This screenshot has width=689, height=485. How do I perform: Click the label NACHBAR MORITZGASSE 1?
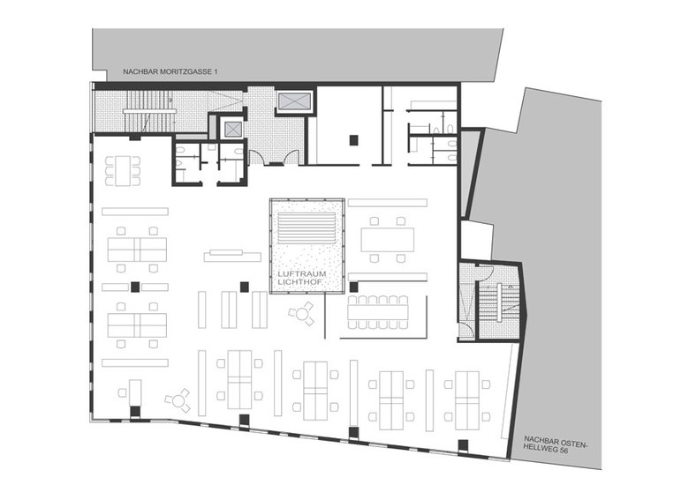pos(170,71)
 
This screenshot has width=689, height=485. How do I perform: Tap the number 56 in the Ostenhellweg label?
pos(558,450)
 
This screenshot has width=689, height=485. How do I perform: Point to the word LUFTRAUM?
pos(302,274)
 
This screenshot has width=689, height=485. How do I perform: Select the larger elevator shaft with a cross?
pos(295,101)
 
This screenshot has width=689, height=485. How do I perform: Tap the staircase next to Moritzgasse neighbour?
pos(149,111)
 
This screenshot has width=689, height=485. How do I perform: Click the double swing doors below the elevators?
pos(274,158)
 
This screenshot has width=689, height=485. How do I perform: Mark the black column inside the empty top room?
pos(353,140)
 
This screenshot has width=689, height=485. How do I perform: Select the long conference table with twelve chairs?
pos(378,312)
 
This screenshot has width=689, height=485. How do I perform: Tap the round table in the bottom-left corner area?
pos(178,400)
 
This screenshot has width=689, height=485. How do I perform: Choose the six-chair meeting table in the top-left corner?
pos(123,171)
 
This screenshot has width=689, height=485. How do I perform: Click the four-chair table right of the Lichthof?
pos(387,240)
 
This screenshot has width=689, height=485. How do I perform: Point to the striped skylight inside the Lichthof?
pos(307,228)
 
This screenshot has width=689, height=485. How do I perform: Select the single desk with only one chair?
pos(132,393)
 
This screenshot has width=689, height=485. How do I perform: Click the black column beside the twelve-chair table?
pos(353,287)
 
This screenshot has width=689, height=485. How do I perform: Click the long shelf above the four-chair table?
pos(388,203)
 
